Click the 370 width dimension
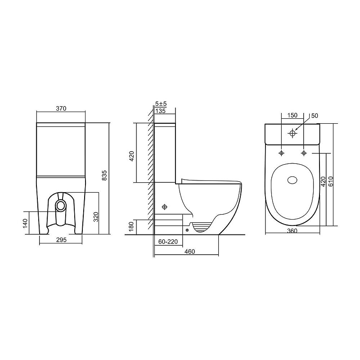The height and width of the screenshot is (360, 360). pos(61,108)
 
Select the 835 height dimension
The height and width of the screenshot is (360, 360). pos(104,175)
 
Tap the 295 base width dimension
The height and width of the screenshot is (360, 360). pos(61,240)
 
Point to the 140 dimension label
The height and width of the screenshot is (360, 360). pos(25,223)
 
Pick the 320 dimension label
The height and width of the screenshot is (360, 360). pos(96,217)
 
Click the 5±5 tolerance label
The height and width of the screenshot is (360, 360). pos(161,104)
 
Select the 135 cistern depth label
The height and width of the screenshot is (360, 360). pos(161,111)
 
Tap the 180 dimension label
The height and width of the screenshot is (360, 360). pos(131,227)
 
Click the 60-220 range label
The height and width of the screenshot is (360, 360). pos(168,242)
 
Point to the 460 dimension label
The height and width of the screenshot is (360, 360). pos(189,252)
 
